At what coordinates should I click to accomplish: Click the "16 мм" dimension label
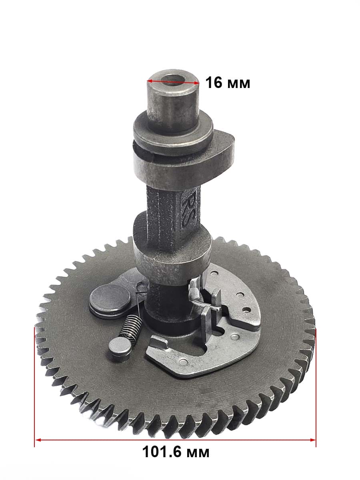point(228,83)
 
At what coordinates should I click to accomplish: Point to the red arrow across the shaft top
point(173,82)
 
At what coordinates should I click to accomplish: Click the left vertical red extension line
point(34,387)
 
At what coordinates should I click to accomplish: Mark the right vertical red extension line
point(316,388)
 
